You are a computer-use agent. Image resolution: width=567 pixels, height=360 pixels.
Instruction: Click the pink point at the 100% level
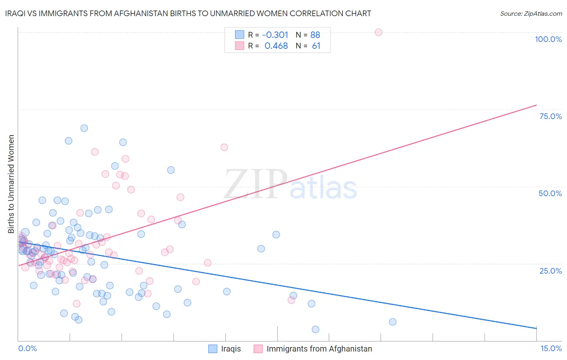[x=378, y=32]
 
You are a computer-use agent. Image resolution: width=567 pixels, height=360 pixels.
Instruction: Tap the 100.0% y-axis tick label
[x=548, y=39]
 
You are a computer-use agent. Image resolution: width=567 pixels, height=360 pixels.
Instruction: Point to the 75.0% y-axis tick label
[x=550, y=116]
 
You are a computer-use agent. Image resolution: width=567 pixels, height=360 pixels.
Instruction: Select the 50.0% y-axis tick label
[x=550, y=193]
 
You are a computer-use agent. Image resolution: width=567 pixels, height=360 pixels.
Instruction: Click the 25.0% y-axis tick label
[x=550, y=270]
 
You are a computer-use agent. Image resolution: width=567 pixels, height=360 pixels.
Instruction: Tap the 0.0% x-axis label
[x=27, y=348]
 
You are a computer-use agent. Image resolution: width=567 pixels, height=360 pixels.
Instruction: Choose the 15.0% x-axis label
[x=551, y=348]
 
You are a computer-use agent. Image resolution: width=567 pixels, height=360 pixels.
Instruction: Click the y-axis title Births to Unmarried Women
[x=11, y=184]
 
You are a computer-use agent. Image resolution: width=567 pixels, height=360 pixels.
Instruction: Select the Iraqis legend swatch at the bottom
[x=213, y=349]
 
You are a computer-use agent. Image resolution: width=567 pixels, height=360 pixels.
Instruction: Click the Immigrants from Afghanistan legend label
[x=319, y=349]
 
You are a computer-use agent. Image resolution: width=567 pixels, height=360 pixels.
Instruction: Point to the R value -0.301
[x=275, y=35]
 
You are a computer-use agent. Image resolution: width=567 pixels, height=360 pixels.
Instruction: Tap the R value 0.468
[x=276, y=46]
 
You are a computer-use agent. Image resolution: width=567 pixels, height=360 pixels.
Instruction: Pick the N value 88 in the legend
[x=315, y=35]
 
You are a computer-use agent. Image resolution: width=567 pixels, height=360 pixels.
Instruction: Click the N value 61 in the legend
[x=316, y=46]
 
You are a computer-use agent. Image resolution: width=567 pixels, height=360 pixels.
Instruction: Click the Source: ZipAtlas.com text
[x=531, y=13]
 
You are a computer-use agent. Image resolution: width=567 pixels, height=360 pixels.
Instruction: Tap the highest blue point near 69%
[x=84, y=128]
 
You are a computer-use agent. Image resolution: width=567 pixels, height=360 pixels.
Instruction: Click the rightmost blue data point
[x=392, y=322]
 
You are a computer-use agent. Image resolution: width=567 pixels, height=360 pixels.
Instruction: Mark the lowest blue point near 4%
[x=315, y=329]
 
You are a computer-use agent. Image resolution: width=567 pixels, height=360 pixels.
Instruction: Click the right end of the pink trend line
[x=536, y=105]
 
